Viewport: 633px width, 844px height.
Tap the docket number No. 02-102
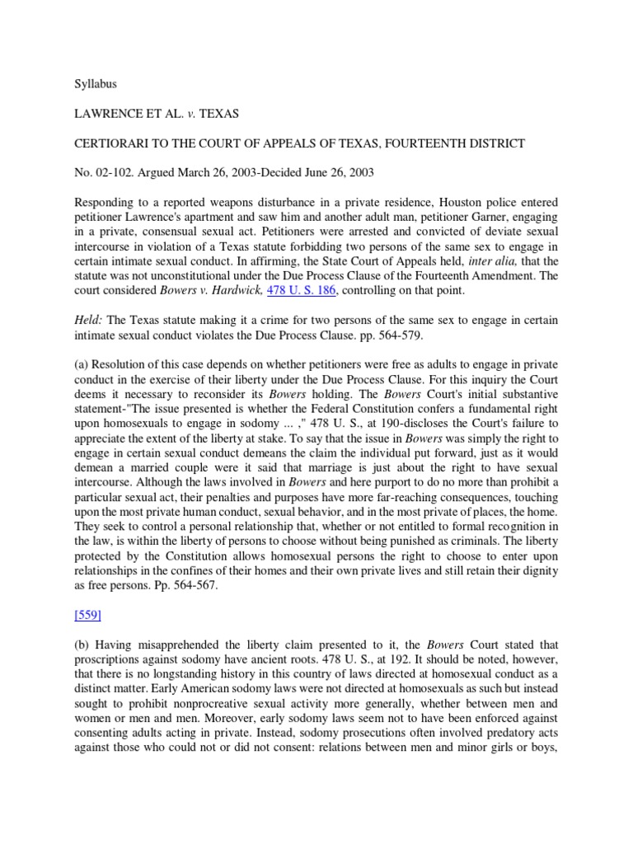pos(105,173)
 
